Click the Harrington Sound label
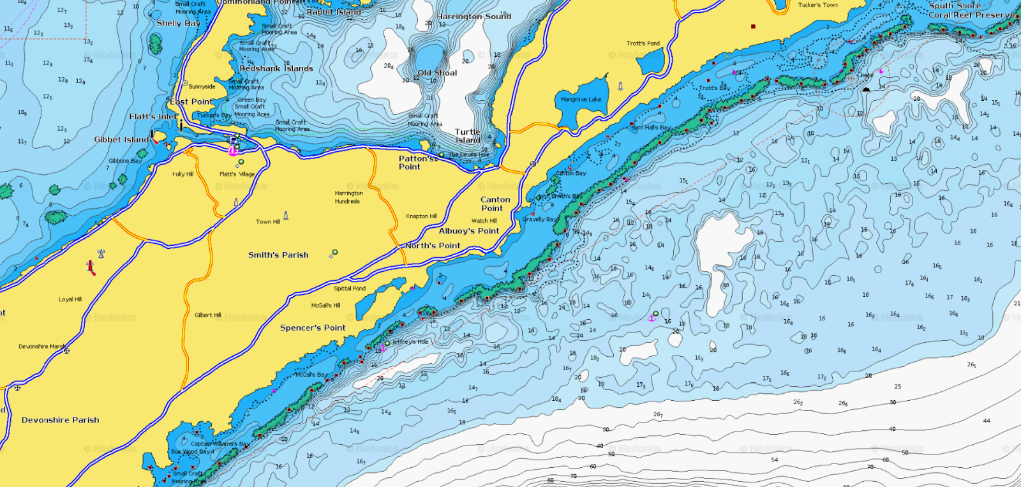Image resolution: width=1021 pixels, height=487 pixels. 473,17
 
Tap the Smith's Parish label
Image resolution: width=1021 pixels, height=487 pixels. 278,255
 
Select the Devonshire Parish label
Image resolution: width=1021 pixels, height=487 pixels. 61,420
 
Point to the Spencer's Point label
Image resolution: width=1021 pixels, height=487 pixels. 313,328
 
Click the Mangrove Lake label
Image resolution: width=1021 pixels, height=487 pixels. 581,100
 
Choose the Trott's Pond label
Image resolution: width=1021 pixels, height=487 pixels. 643,44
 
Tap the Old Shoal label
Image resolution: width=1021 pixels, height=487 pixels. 437,73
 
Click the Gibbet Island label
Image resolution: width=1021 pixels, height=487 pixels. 121,140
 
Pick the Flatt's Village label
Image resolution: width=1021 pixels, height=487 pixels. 237,174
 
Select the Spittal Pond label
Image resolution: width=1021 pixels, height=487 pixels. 350,288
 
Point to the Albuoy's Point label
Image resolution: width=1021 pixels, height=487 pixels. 469,231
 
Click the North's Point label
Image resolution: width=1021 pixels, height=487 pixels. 433,246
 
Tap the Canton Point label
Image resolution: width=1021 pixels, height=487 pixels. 495,204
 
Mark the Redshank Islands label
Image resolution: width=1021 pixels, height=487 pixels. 276,69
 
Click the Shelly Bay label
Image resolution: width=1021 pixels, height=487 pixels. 179,24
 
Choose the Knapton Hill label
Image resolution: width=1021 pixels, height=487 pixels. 421,216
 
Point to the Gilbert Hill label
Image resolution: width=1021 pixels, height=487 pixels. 208,315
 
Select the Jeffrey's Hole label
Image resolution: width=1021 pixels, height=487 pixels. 410,342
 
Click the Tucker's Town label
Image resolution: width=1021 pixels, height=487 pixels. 817,5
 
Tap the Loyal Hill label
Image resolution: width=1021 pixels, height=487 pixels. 70,299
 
